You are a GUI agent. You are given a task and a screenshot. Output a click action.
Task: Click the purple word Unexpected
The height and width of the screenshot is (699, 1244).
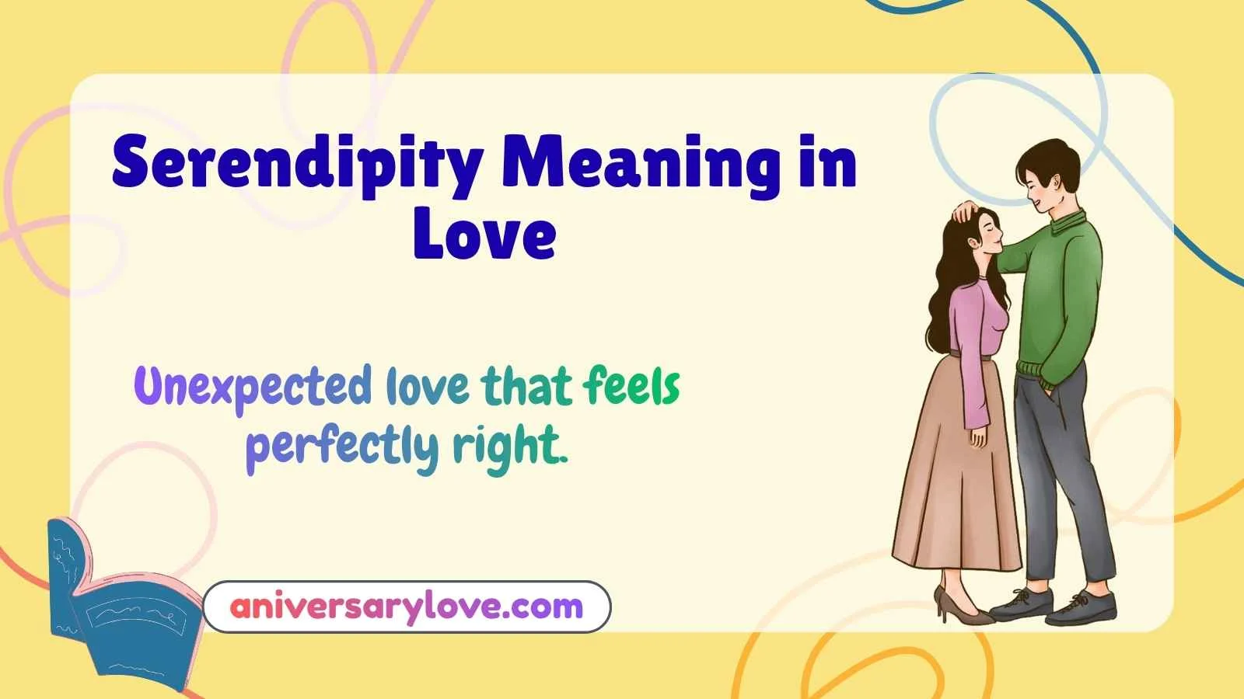click(253, 387)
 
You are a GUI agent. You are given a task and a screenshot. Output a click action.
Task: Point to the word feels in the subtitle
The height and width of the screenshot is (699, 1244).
click(631, 386)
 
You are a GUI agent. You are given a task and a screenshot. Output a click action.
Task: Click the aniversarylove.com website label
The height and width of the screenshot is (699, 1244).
click(406, 606)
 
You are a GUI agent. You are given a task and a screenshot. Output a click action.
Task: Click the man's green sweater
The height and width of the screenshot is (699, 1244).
click(1061, 295)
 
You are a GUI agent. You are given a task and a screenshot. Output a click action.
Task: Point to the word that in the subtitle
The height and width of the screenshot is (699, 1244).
click(526, 386)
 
